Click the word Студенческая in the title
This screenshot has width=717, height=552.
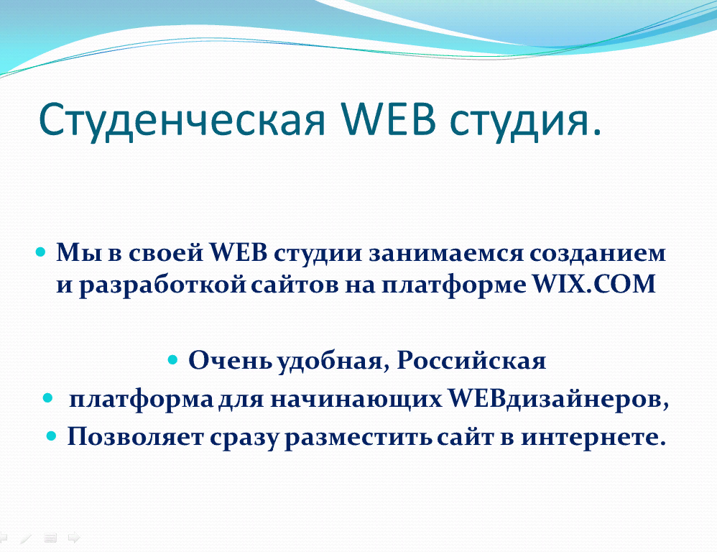[182, 119]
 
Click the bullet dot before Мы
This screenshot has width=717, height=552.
[41, 252]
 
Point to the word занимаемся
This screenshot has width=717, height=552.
[446, 254]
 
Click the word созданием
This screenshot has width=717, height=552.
[598, 254]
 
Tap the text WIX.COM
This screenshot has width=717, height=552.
[594, 283]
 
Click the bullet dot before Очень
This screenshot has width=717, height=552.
[172, 359]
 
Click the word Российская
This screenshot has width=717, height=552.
[471, 361]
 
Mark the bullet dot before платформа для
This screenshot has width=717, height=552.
[47, 398]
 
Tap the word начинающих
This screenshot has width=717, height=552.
[356, 399]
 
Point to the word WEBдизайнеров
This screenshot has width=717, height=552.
[558, 399]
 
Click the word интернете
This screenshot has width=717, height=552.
[593, 437]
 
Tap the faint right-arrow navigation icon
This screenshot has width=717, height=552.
[74, 538]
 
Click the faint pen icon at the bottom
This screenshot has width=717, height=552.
[26, 538]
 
